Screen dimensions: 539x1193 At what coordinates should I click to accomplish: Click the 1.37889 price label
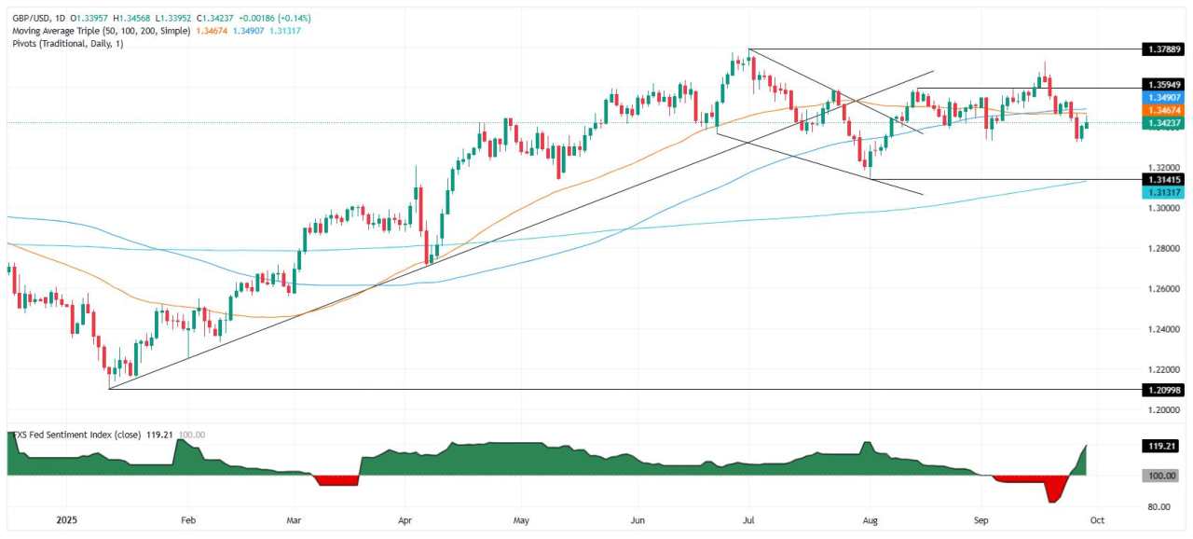(1165, 49)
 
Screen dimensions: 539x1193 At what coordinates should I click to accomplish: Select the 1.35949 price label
(1165, 84)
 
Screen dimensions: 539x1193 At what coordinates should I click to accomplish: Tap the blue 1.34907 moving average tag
(1165, 97)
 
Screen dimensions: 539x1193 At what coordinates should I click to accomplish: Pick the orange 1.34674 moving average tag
(1165, 110)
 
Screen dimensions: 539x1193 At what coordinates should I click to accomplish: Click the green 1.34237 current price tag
(1165, 122)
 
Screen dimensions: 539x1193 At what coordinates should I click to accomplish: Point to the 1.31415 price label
(1165, 179)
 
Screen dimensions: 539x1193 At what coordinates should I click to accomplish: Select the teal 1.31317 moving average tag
(1165, 191)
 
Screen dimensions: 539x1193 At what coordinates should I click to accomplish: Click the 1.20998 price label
(1165, 389)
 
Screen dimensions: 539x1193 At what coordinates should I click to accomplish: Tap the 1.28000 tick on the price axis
(1165, 249)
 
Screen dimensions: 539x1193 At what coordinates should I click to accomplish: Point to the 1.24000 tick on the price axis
(1165, 329)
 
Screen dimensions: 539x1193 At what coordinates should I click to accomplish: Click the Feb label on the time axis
(187, 519)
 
